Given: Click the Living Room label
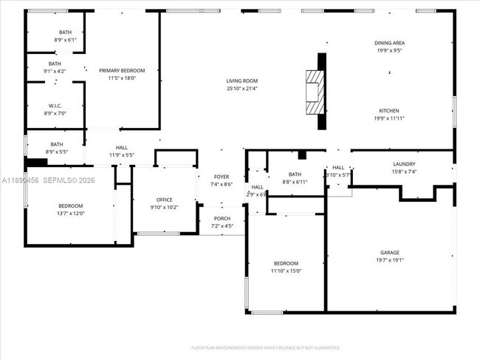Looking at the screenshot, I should coord(242,81).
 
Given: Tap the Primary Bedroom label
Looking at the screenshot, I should coord(122,70).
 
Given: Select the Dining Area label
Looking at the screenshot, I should coord(389,43).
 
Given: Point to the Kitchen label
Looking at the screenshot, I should coord(389,110).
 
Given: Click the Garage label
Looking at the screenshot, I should coord(390,252).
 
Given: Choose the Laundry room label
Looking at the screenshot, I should coord(405,164).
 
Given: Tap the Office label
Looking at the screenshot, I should coord(164,200).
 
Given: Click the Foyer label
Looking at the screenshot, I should coord(222,177).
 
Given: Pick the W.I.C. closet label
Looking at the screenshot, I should coord(55,106).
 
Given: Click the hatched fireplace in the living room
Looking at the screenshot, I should coord(315,92).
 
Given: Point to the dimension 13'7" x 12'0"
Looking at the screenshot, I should coord(71,213).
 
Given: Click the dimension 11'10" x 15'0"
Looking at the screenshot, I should coord(287,271).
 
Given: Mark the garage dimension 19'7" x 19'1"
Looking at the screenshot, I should coord(390,259).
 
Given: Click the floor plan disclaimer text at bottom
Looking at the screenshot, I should coord(265,347).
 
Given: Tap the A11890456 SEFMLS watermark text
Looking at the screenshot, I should coord(48,180).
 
